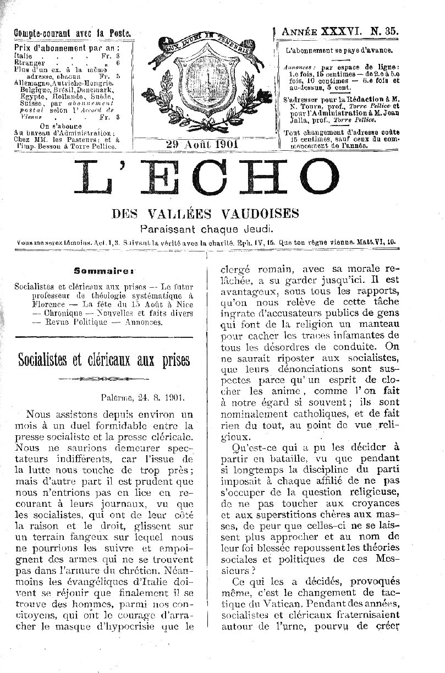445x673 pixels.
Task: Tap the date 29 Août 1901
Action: coord(201,144)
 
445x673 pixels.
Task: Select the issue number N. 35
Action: coord(385,32)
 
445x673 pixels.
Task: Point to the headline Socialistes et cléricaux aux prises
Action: coord(104,360)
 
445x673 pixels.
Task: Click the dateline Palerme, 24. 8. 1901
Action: coord(142,396)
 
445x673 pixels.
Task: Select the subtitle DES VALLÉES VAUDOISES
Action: coord(205,214)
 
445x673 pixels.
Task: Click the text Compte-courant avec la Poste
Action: coord(73,33)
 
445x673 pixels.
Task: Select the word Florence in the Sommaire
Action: coord(48,304)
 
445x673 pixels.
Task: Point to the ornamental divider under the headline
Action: coord(103,379)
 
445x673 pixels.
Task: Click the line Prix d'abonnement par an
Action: coord(67,47)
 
